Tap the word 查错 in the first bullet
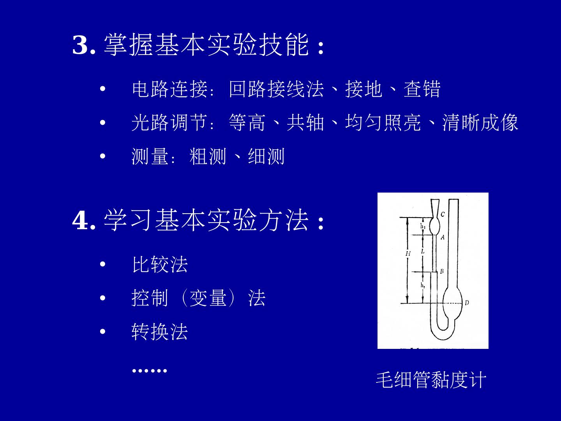click(422, 89)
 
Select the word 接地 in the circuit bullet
click(364, 89)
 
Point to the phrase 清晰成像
click(480, 122)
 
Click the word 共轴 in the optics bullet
click(305, 122)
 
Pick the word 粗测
click(208, 156)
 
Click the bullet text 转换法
click(160, 331)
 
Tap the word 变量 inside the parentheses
click(208, 298)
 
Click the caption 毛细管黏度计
click(431, 380)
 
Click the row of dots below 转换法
click(150, 370)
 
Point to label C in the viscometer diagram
click(443, 214)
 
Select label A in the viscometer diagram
click(443, 237)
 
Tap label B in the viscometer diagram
click(442, 271)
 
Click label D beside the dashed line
click(467, 303)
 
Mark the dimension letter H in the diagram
click(408, 253)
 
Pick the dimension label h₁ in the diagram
click(423, 226)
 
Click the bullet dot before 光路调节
click(103, 122)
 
